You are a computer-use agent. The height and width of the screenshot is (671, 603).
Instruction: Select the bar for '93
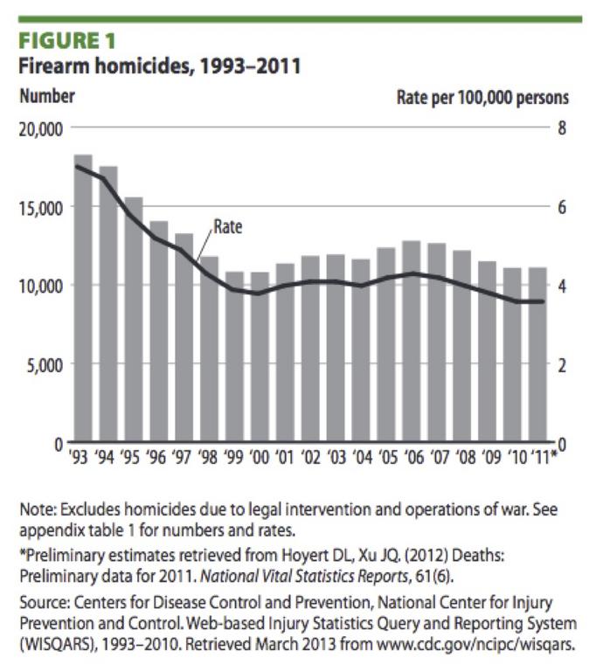[x=83, y=297]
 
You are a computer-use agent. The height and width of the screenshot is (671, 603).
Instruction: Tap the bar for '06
[x=411, y=341]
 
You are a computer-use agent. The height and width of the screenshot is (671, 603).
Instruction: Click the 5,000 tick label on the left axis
[x=44, y=364]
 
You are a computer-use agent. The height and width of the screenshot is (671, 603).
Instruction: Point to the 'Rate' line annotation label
[x=228, y=227]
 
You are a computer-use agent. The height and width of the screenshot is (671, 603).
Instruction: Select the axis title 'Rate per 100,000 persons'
[x=482, y=96]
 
